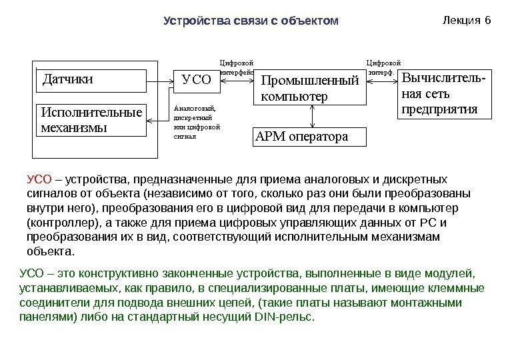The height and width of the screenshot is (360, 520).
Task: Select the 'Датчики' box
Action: [89, 81]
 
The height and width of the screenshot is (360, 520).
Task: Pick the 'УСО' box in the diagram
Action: [196, 81]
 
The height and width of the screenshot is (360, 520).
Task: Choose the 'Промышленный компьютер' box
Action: [311, 89]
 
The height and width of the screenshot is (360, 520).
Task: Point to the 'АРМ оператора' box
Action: [310, 137]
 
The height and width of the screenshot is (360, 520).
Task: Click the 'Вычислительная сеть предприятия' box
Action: [443, 94]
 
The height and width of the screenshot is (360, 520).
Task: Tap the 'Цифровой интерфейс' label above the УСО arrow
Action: [237, 65]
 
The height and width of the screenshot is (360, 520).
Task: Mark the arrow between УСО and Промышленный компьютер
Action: [237, 81]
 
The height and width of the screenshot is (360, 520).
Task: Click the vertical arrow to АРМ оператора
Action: [313, 116]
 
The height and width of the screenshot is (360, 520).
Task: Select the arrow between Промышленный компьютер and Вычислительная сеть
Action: [383, 81]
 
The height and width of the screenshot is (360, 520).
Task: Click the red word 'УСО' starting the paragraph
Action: [39, 179]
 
